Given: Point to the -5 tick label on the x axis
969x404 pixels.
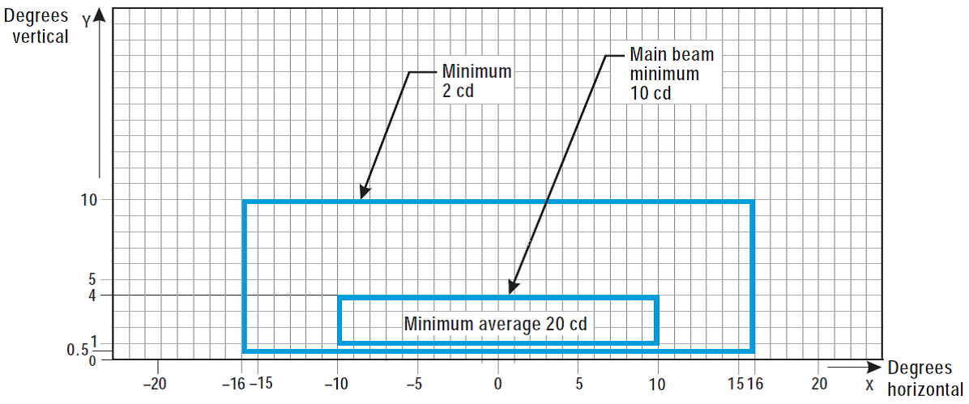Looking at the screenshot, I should tap(415, 384).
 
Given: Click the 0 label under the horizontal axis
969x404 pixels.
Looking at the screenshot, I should tap(497, 384).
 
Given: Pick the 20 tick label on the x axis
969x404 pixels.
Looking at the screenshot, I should tap(820, 384).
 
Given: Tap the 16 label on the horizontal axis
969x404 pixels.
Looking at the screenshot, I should tap(755, 384).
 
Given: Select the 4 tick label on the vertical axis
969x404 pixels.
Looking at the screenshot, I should tap(92, 296).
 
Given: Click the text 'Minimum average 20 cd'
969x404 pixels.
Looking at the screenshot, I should tap(495, 323).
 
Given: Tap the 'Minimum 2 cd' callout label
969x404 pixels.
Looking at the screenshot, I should tap(476, 81).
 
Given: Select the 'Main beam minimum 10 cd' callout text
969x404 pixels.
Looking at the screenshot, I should tap(664, 74).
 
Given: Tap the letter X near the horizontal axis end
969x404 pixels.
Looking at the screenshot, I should tap(869, 384).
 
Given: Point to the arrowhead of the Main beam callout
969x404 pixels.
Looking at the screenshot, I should tap(511, 289).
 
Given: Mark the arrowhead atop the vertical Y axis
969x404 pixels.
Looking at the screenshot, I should tap(98, 14).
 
